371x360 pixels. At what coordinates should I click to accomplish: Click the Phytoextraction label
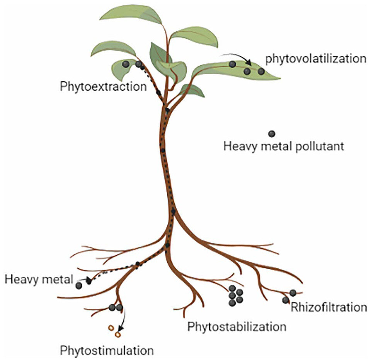[103, 86]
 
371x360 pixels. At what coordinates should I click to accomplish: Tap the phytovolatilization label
[315, 59]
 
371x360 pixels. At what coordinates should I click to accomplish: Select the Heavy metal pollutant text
[284, 147]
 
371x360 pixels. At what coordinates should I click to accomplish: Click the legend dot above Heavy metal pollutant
[272, 134]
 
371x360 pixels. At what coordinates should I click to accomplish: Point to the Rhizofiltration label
[328, 308]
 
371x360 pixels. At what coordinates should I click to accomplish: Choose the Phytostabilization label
[237, 327]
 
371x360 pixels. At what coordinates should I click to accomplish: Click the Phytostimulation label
[107, 351]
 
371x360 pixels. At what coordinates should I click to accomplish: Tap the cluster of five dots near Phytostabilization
[235, 295]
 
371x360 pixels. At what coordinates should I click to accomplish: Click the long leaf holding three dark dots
[236, 70]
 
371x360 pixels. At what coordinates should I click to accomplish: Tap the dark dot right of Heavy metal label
[79, 286]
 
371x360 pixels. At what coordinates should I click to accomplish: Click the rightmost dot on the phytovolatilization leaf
[261, 71]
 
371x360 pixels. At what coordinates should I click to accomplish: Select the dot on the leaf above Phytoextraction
[126, 64]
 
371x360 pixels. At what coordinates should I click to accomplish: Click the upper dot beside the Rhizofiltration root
[293, 293]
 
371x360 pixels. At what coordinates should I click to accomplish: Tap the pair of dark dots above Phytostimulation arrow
[116, 308]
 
